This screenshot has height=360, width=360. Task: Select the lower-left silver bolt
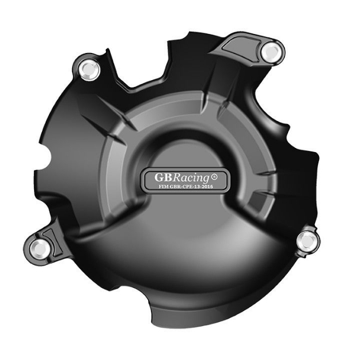[39, 248]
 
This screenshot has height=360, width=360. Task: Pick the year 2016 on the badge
[210, 187]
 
